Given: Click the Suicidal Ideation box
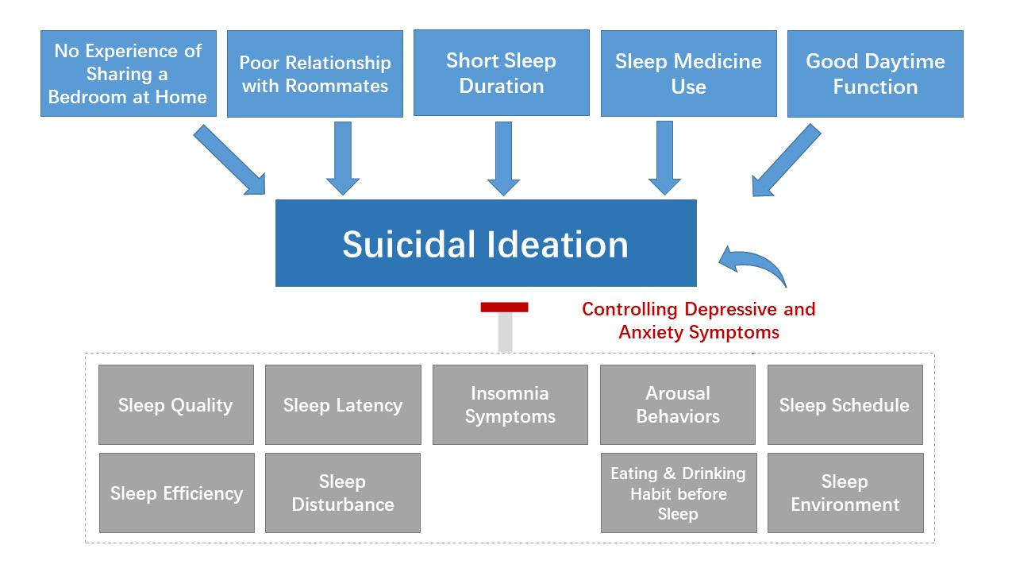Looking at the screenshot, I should click(486, 243).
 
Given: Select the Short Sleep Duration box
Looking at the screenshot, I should click(501, 73).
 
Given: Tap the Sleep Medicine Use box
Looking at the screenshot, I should click(688, 73).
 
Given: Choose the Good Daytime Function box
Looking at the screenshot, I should click(875, 73).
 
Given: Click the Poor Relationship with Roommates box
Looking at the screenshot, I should click(314, 74).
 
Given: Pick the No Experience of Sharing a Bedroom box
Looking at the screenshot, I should click(128, 74).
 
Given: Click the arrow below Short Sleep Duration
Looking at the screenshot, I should click(502, 159).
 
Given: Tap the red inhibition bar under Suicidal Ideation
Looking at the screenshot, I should click(504, 307).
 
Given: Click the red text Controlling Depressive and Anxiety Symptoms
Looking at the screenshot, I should click(698, 320).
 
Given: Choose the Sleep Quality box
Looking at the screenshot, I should click(175, 404).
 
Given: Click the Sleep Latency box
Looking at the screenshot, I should click(343, 404).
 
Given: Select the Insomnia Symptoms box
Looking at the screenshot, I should click(510, 404).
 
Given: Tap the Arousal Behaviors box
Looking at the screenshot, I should click(677, 404).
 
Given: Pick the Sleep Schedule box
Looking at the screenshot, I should click(845, 404).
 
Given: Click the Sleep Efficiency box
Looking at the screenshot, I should click(176, 493).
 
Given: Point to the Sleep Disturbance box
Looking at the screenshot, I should click(343, 493).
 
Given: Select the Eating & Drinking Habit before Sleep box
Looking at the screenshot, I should click(678, 493).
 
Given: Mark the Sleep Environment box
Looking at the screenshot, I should click(845, 493).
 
